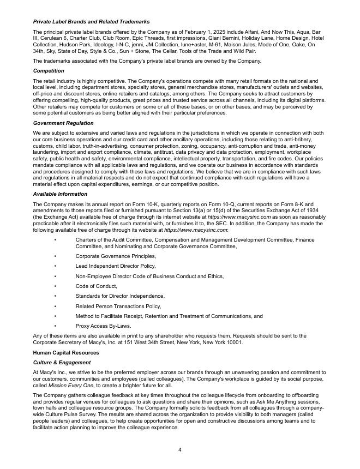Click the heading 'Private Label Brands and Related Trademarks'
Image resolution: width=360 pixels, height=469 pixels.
pyautogui.click(x=91, y=21)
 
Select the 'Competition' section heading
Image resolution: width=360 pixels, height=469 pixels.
pyautogui.click(x=49, y=71)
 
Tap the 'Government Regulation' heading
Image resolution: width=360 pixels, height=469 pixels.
pyautogui.click(x=63, y=123)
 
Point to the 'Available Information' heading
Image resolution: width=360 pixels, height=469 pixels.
pyautogui.click(x=59, y=194)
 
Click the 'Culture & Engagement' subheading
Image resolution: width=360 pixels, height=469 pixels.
pyautogui.click(x=62, y=362)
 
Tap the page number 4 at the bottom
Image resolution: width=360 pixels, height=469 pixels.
pyautogui.click(x=179, y=449)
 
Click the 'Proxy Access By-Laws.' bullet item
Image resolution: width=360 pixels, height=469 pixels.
pyautogui.click(x=103, y=326)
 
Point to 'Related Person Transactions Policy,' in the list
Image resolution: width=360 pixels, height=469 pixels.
pyautogui.click(x=118, y=306)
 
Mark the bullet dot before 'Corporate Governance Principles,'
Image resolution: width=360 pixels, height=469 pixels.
pyautogui.click(x=55, y=256)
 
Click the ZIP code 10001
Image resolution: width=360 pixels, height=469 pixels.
pyautogui.click(x=235, y=342)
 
